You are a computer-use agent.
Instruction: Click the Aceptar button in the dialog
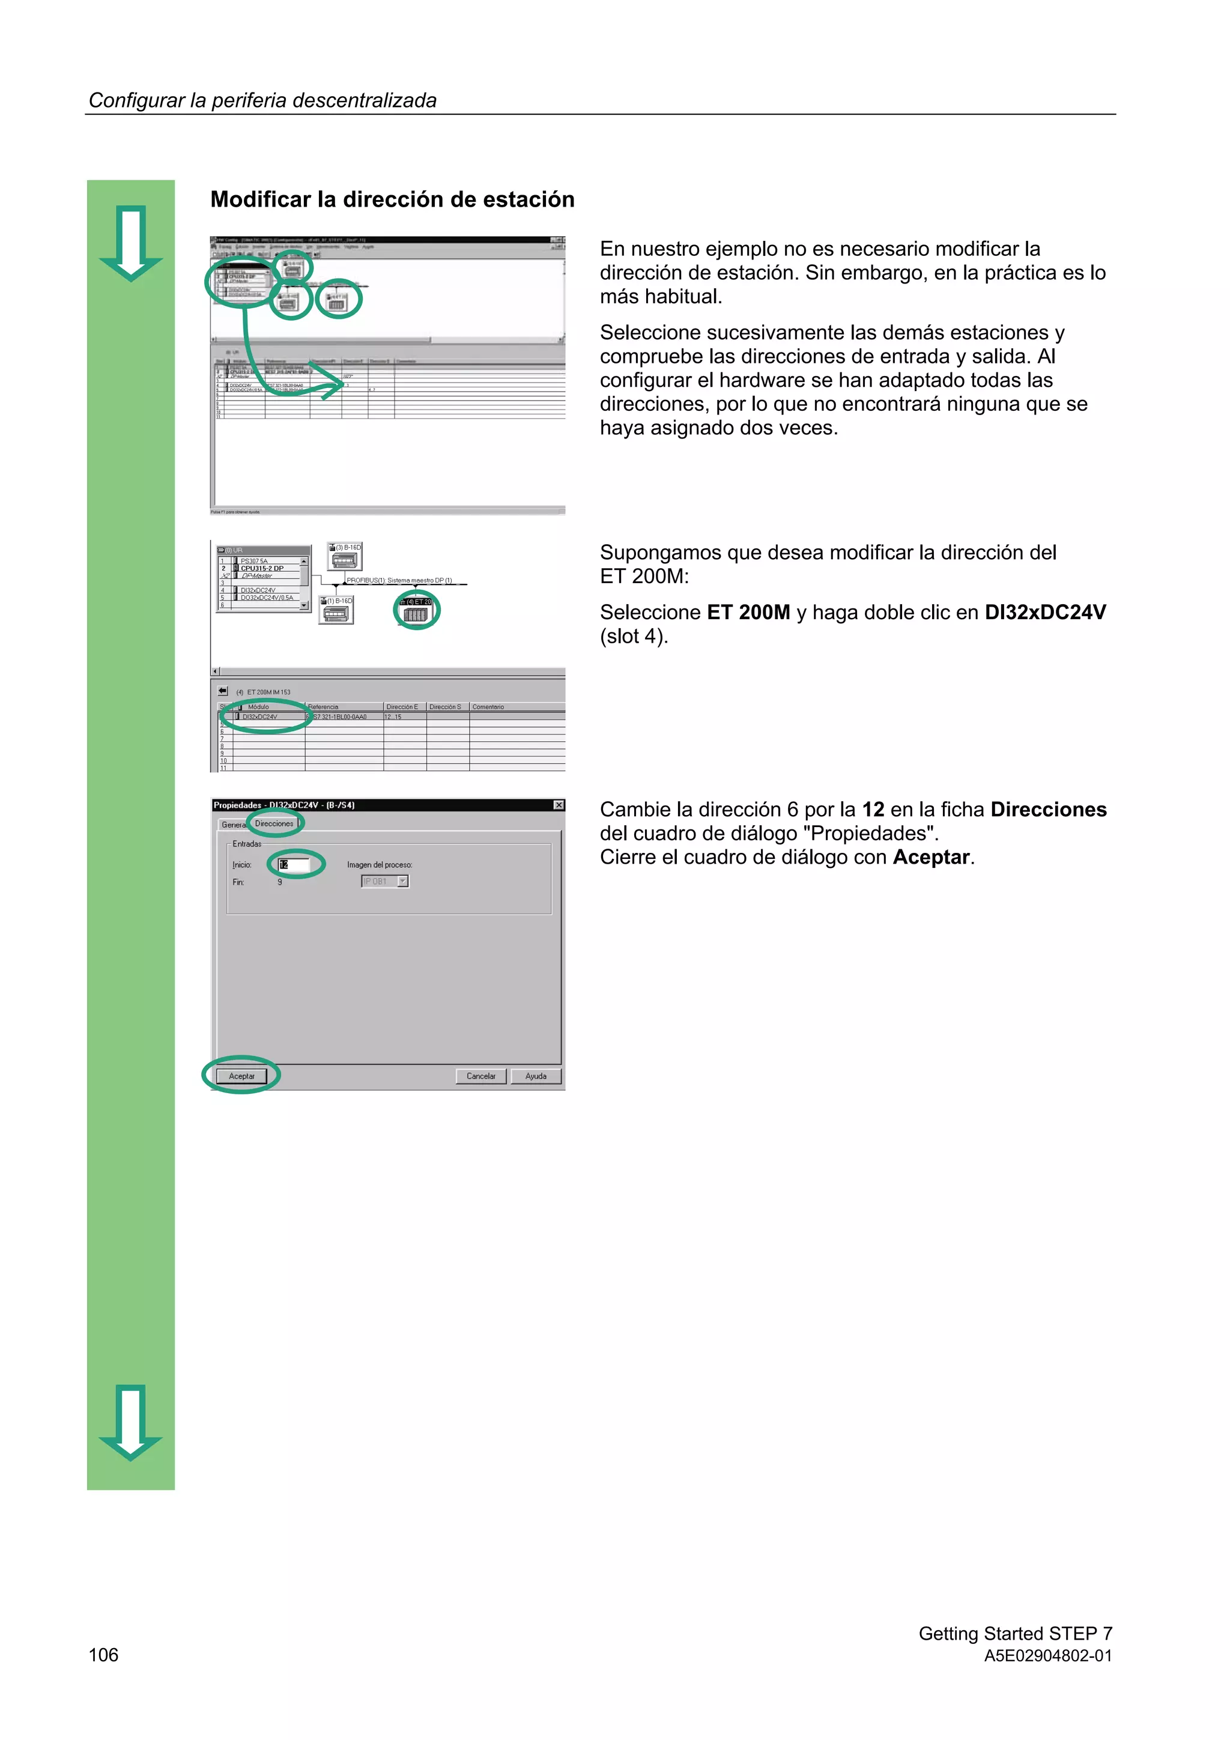242,1076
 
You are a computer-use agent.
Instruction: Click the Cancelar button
480,1076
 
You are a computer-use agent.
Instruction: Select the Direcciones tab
274,824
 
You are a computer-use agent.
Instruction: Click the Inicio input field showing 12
295,865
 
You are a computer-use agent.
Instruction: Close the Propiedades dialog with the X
559,805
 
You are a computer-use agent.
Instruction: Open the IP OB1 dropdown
403,881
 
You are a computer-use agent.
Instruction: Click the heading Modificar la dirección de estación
392,199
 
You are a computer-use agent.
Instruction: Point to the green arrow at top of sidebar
131,243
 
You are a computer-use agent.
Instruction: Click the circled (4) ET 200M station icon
416,611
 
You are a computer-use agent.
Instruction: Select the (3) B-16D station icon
345,557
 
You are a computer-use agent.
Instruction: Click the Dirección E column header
402,707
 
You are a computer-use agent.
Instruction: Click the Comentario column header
488,707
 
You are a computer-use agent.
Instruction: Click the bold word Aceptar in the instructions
931,857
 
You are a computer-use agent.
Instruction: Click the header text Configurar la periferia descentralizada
262,101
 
